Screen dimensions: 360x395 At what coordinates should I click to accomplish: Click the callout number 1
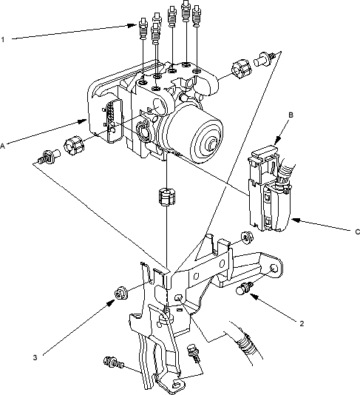[x=3, y=39]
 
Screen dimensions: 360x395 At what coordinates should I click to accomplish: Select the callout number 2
[x=302, y=323]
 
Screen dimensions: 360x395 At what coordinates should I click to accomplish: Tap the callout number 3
[x=35, y=357]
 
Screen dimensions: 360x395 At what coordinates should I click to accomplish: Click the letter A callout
[x=2, y=146]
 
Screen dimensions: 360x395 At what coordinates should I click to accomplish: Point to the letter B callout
[x=291, y=115]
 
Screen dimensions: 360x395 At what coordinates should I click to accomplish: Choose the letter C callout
[x=357, y=232]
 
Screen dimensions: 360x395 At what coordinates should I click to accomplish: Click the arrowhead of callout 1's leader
[x=132, y=25]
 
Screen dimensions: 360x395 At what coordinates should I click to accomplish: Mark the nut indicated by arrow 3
[x=120, y=293]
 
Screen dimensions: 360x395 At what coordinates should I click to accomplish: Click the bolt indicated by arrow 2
[x=244, y=288]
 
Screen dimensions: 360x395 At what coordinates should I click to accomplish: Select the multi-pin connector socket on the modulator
[x=114, y=121]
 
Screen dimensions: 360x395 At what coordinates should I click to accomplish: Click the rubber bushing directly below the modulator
[x=166, y=197]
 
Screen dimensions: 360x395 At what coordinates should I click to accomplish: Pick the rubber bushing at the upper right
[x=241, y=69]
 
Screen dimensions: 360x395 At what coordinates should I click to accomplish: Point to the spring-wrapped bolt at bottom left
[x=114, y=362]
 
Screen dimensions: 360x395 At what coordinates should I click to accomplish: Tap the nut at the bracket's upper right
[x=247, y=237]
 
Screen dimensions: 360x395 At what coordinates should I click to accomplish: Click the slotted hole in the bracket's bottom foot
[x=177, y=384]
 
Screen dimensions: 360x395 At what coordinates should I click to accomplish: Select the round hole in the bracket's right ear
[x=274, y=269]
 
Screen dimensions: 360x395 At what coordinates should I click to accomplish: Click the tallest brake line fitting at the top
[x=186, y=10]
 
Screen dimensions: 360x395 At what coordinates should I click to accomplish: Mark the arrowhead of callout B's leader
[x=278, y=139]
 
